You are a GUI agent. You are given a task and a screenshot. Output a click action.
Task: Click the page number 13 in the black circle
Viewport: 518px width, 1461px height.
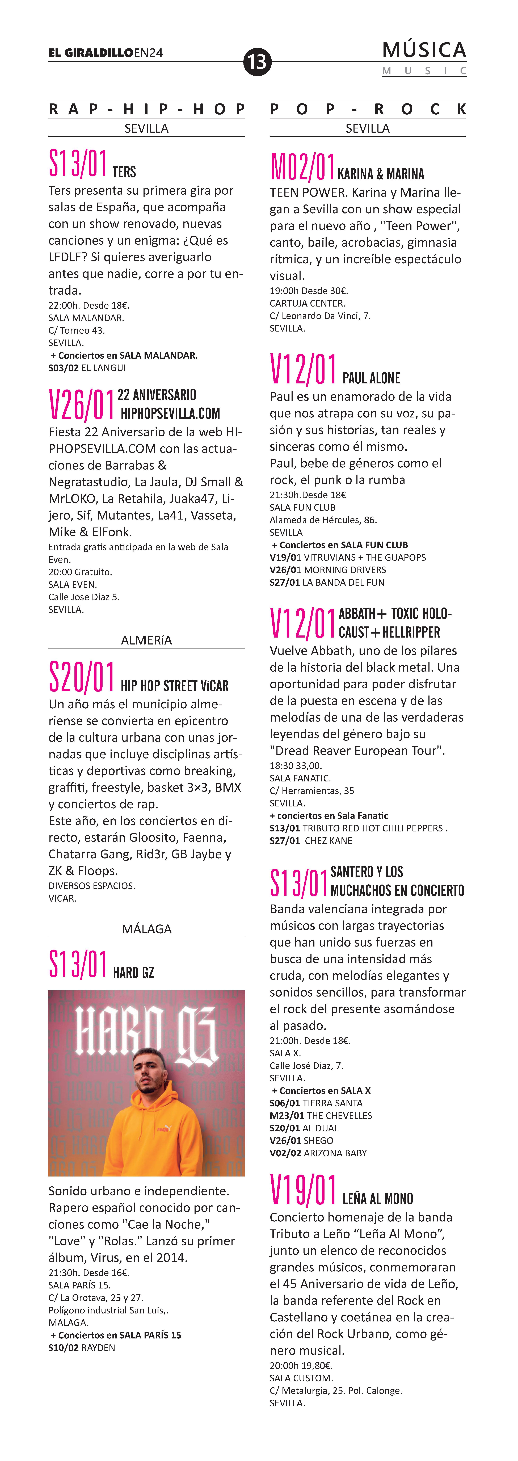tap(257, 61)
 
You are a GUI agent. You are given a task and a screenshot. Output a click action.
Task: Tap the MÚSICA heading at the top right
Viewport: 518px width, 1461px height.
tap(424, 50)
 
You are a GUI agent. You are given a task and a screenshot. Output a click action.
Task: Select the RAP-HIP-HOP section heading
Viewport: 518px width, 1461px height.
tap(146, 109)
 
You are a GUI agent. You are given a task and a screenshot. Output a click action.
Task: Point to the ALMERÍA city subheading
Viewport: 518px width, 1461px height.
tap(146, 640)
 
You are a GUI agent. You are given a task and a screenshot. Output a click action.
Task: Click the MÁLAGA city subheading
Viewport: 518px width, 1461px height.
tap(146, 929)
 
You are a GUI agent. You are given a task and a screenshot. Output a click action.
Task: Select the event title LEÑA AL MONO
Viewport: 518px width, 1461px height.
tap(377, 1198)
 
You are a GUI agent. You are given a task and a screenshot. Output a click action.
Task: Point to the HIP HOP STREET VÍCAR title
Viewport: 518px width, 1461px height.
tap(175, 686)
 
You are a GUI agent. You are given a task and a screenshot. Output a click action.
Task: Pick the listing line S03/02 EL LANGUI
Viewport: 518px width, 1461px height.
tap(87, 367)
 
